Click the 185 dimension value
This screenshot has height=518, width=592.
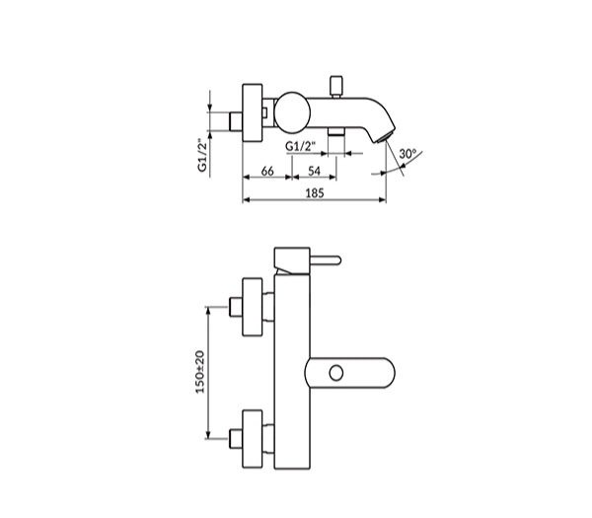pyautogui.click(x=315, y=193)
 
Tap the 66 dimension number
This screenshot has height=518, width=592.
pyautogui.click(x=267, y=171)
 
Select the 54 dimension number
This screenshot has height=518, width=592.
pyautogui.click(x=314, y=171)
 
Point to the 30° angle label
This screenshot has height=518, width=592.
pyautogui.click(x=407, y=154)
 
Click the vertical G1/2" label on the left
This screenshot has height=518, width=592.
pyautogui.click(x=202, y=155)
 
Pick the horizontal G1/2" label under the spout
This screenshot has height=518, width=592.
pyautogui.click(x=301, y=146)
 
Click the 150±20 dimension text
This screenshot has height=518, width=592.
pyautogui.click(x=199, y=372)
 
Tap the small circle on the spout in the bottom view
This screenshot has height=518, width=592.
pyautogui.click(x=336, y=373)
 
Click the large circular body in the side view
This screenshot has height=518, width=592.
pyautogui.click(x=292, y=112)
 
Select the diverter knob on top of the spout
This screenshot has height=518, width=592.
pyautogui.click(x=336, y=86)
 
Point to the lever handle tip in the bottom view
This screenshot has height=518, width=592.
pyautogui.click(x=337, y=260)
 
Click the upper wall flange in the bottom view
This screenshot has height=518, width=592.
pyautogui.click(x=253, y=307)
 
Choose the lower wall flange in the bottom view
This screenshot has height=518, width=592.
pyautogui.click(x=253, y=439)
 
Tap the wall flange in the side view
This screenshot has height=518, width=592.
pyautogui.click(x=253, y=112)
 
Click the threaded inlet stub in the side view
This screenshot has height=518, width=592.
pyautogui.click(x=236, y=121)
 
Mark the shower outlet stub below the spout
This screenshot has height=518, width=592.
pyautogui.click(x=336, y=132)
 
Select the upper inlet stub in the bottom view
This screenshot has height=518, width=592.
pyautogui.click(x=236, y=307)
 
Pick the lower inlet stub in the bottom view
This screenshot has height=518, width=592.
pyautogui.click(x=236, y=439)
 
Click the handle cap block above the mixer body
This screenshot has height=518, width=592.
pyautogui.click(x=292, y=260)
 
